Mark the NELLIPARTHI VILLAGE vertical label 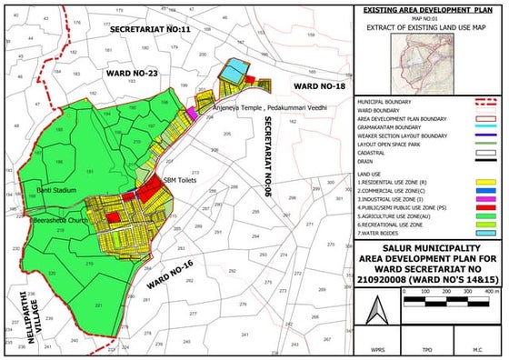(x=19, y=314)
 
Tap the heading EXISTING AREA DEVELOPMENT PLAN (x=427, y=9)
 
